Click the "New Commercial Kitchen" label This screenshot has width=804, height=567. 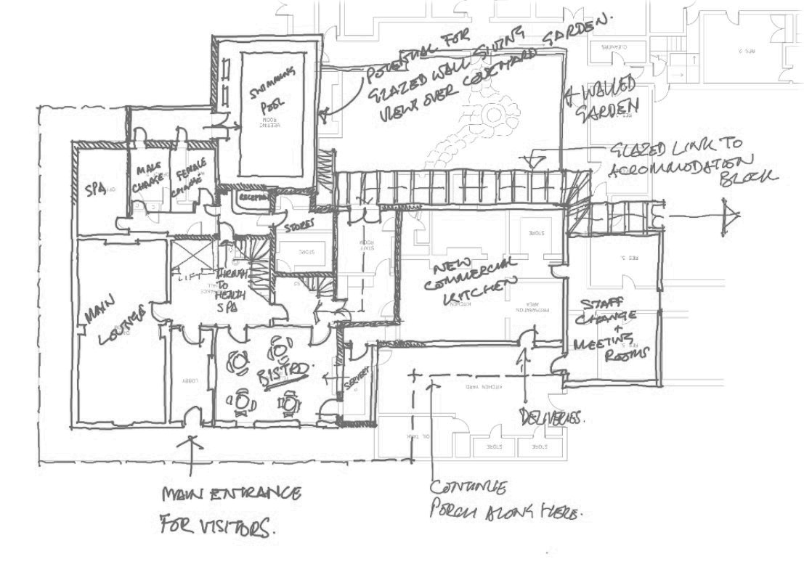pyautogui.click(x=473, y=275)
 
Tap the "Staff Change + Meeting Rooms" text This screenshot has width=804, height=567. pyautogui.click(x=606, y=326)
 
